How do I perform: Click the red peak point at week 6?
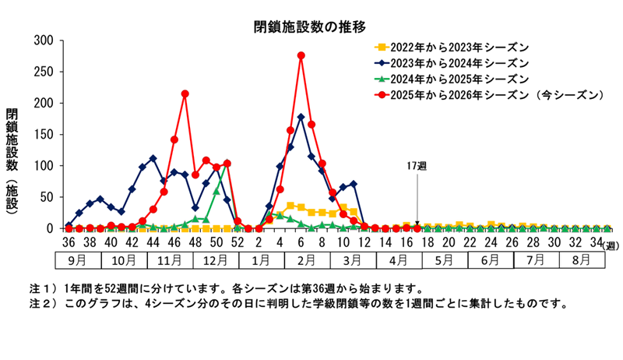301,55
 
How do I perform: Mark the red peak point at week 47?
185,94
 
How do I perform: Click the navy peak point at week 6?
301,117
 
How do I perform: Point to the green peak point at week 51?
227,164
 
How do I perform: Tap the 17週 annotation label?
417,167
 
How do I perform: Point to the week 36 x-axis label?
69,243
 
